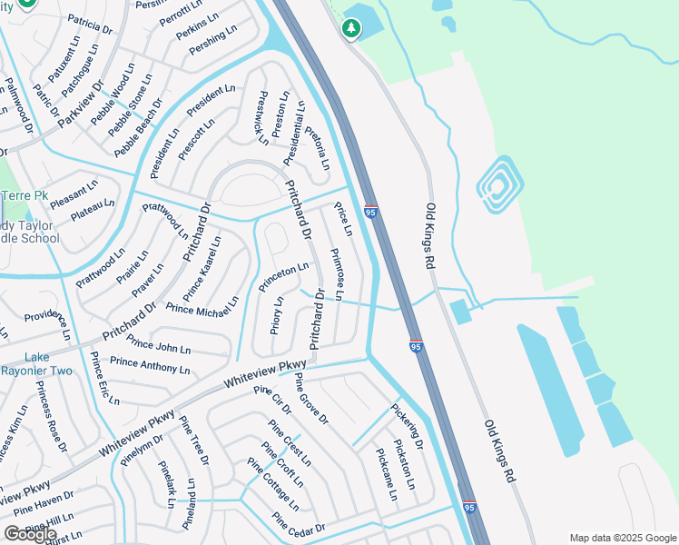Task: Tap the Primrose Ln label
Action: pos(336,273)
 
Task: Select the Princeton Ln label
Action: pos(283,277)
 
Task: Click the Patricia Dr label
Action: pos(90,25)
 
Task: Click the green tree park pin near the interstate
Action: pos(351,29)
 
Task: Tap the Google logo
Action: pos(30,533)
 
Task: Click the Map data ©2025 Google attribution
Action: pos(623,538)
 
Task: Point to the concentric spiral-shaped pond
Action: pos(497,185)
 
